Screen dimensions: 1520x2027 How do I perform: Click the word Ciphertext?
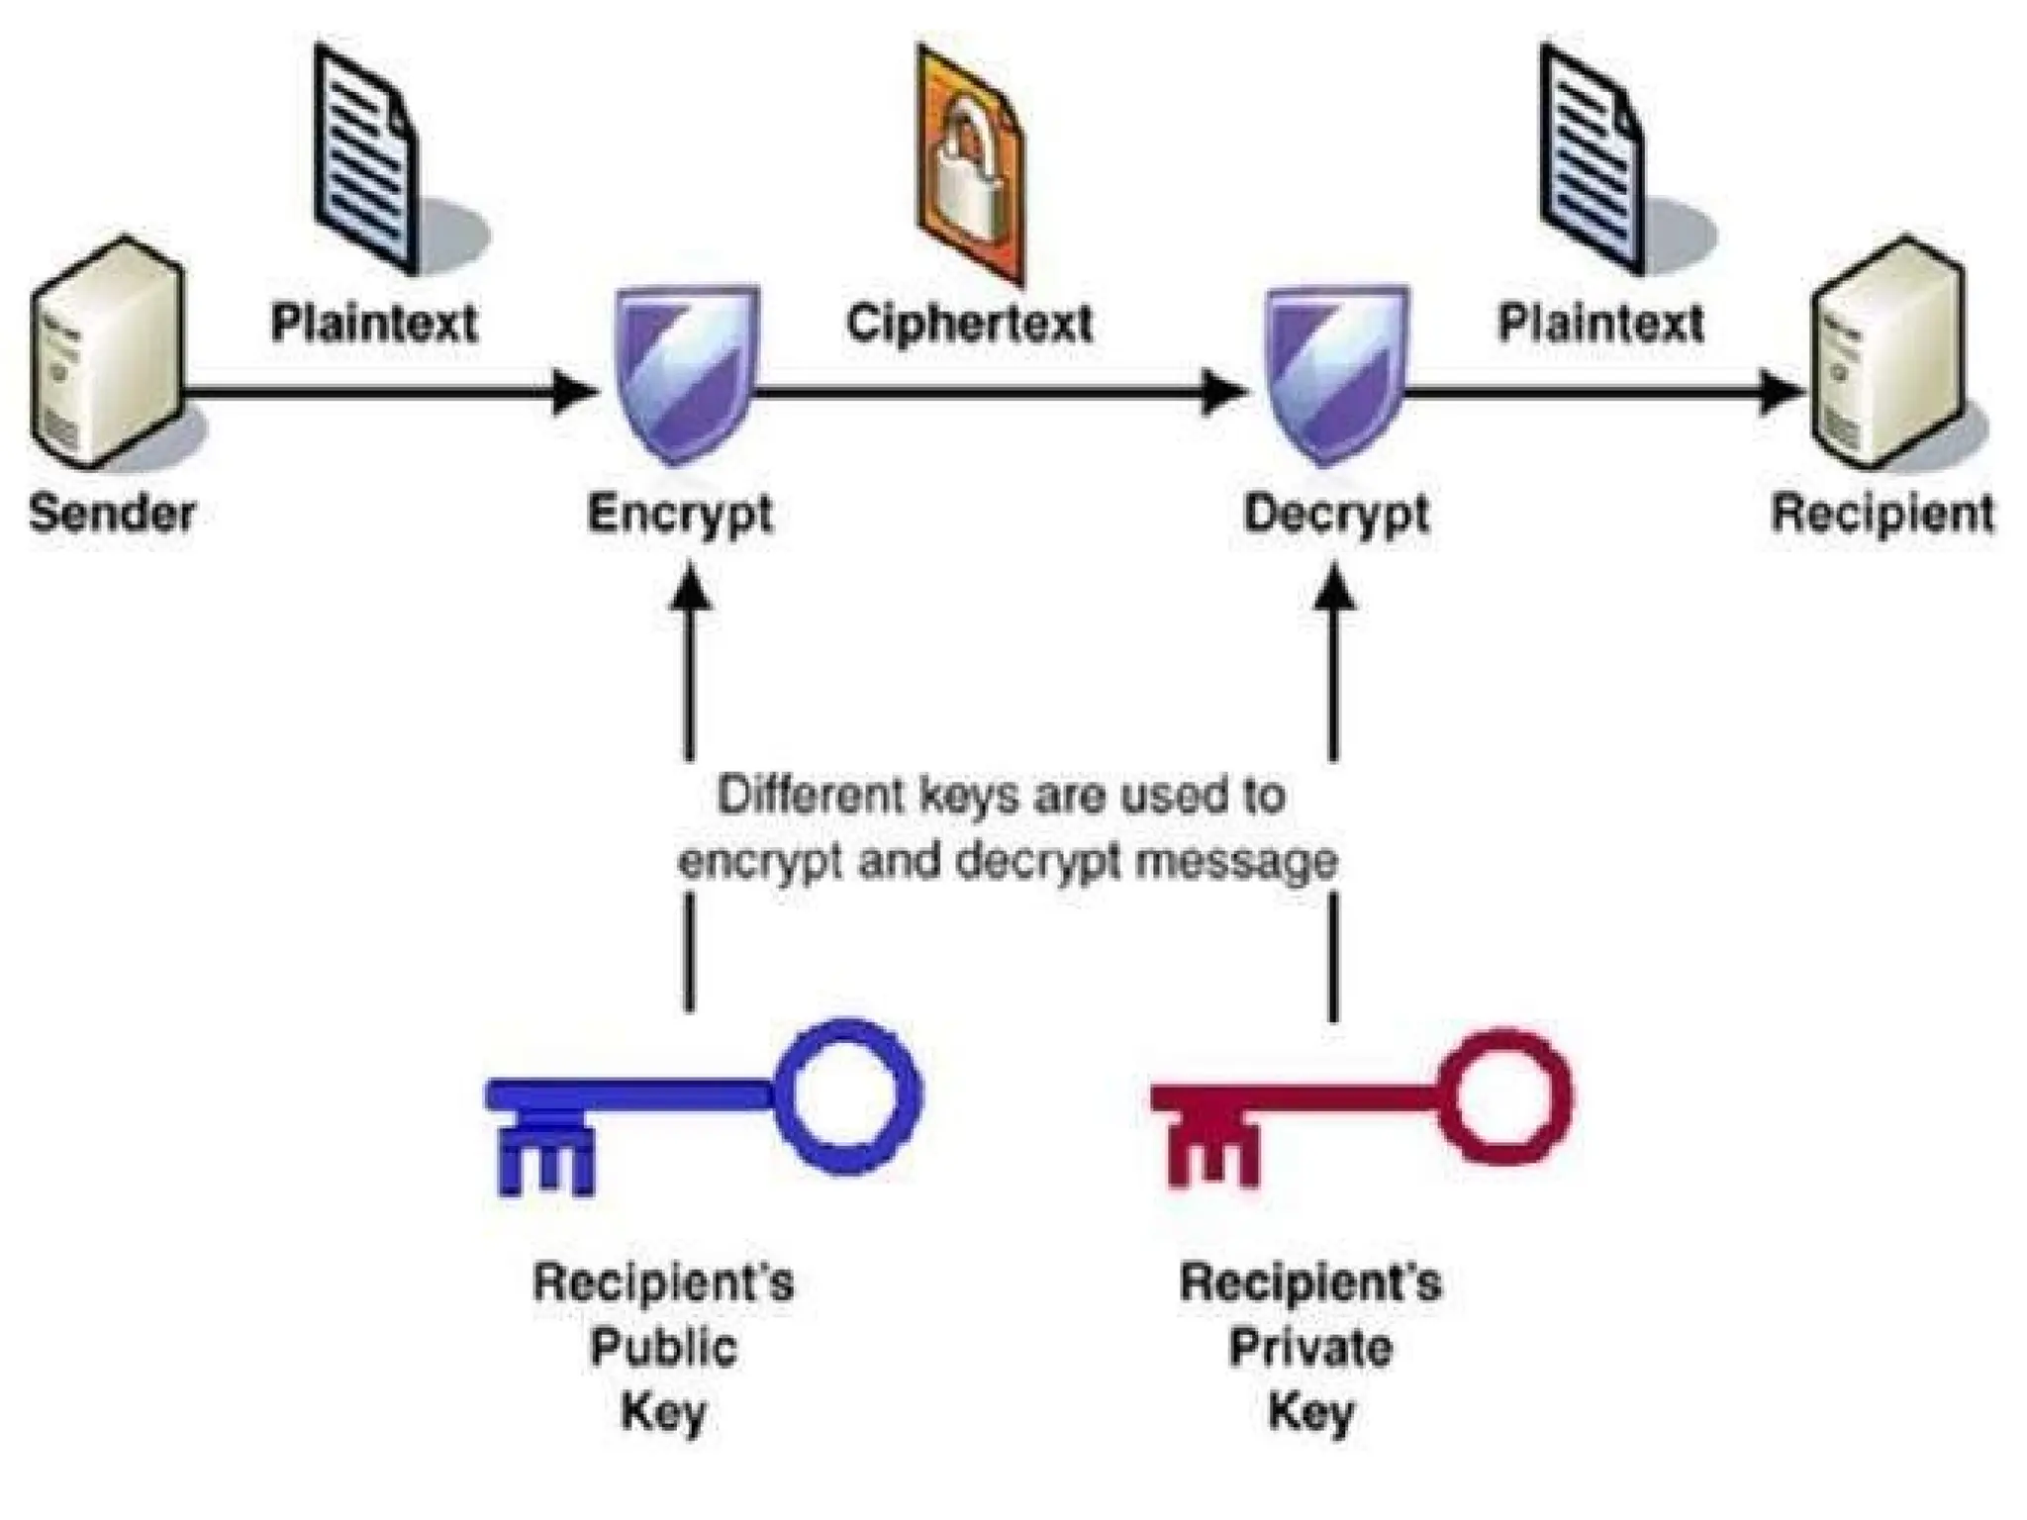970,323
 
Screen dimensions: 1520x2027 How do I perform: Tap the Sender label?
112,514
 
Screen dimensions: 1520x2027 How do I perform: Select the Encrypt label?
680,514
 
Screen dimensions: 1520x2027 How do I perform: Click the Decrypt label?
1336,514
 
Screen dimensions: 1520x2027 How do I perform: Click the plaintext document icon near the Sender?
366,158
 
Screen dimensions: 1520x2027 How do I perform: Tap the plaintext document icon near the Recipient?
1593,158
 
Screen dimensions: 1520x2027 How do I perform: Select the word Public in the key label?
664,1347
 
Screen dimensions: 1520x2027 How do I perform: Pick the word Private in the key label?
1310,1347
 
